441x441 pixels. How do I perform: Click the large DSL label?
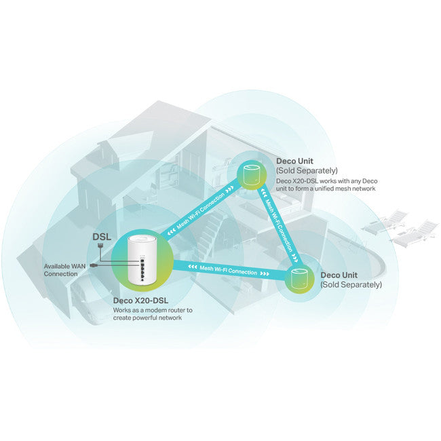(x=102, y=237)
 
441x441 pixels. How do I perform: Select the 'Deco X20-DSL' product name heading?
(x=140, y=301)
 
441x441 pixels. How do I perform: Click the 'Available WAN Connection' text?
(x=64, y=270)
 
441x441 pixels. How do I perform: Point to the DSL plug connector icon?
(x=100, y=246)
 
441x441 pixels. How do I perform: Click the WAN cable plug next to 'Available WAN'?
(x=94, y=265)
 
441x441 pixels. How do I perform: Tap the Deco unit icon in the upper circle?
(x=252, y=175)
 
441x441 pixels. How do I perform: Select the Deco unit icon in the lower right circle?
(x=299, y=279)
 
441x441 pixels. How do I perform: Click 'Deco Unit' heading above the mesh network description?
(x=294, y=161)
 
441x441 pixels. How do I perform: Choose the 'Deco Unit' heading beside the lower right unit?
(x=339, y=275)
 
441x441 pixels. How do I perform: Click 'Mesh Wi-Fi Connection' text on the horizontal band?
(x=228, y=270)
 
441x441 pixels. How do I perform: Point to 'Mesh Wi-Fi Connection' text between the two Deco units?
(x=280, y=226)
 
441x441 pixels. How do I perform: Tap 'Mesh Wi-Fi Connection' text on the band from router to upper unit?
(x=201, y=210)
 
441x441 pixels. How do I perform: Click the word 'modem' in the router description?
(x=155, y=310)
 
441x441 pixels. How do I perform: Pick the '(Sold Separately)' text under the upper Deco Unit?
(x=307, y=170)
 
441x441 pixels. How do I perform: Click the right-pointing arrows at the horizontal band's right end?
(x=265, y=273)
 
